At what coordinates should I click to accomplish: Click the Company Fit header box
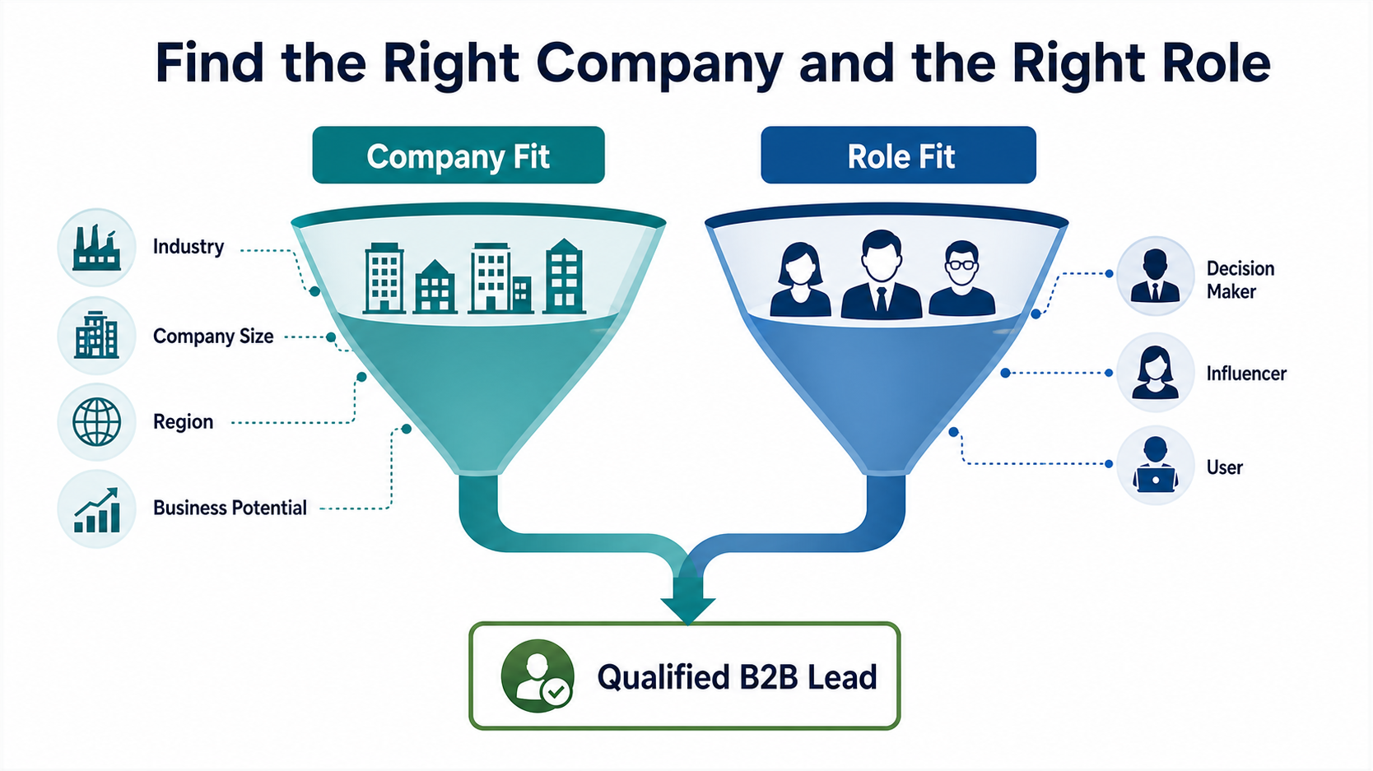[458, 155]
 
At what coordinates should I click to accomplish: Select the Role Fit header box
[899, 155]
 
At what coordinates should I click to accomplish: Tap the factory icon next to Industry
[96, 248]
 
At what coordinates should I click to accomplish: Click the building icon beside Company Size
[96, 335]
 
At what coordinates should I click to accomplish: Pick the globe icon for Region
[96, 421]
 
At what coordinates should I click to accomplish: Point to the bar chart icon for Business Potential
[96, 510]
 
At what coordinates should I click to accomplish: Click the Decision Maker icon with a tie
[1155, 276]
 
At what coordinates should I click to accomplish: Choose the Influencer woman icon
[1155, 373]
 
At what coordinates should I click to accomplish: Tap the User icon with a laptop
[1155, 465]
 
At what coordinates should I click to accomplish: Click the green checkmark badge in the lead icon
[556, 693]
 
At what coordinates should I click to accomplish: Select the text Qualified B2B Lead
[737, 677]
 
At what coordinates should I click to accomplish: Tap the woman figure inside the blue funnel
[800, 280]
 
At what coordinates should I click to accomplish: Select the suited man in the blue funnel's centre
[881, 275]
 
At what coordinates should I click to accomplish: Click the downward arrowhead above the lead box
[687, 609]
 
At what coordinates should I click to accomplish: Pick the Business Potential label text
[230, 508]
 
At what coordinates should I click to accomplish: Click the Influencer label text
[1246, 374]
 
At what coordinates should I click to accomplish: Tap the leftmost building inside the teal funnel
[384, 278]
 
